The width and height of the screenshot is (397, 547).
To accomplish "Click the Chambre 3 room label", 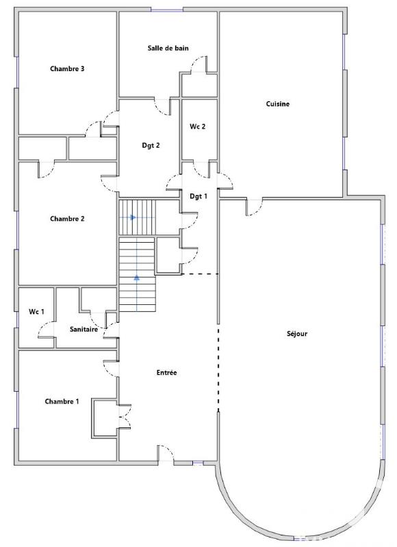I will click(67, 69).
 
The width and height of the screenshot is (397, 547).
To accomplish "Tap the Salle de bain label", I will click(168, 48).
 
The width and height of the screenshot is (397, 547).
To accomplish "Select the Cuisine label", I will click(278, 104).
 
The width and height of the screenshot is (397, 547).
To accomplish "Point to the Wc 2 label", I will click(198, 126).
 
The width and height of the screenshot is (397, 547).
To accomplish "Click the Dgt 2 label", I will click(151, 145).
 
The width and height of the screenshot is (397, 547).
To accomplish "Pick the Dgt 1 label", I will click(198, 196).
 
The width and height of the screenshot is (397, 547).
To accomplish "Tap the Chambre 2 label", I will click(67, 219).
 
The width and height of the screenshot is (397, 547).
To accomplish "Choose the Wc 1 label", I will click(36, 312).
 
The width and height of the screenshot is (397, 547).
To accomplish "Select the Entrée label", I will click(167, 373).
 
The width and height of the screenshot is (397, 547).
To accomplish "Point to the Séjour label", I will click(297, 334).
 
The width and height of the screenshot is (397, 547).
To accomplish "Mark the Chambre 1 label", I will click(62, 401).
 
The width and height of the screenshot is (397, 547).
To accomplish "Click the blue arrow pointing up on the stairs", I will click(137, 278).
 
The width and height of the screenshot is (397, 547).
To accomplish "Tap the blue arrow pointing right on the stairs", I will click(133, 217).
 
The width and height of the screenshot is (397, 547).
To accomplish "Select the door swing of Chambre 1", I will click(111, 367).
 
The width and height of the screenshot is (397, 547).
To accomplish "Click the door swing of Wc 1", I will click(46, 332).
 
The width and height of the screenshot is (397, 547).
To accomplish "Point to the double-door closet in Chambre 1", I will click(124, 416).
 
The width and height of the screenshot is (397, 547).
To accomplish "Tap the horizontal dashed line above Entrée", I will click(200, 274).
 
